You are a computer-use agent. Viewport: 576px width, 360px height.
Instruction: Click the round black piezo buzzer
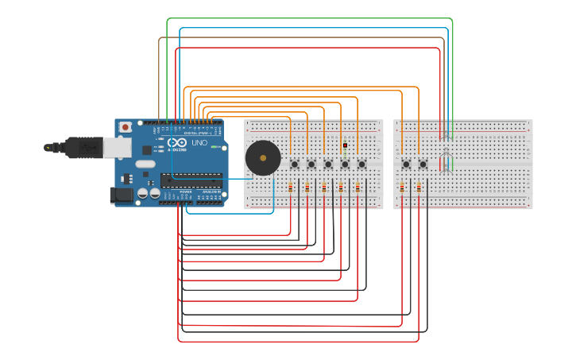coord(263,158)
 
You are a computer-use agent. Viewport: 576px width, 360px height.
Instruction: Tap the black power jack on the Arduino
coord(121,195)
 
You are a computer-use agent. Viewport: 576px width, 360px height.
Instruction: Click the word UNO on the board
coord(199,143)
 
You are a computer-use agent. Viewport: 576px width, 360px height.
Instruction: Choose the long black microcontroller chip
coord(191,180)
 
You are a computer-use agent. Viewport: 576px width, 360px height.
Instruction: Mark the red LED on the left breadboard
coord(345,145)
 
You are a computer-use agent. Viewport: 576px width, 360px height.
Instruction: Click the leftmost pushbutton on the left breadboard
coord(295,165)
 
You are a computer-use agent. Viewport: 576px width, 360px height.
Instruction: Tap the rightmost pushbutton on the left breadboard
coord(361,165)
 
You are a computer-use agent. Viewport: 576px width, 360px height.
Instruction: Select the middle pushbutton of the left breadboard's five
coord(328,165)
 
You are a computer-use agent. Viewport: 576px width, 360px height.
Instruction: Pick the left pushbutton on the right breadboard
coord(406,165)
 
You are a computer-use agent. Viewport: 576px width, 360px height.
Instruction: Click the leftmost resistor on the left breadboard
coord(290,188)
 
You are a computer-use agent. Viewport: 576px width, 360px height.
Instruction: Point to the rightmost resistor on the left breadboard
coord(358,188)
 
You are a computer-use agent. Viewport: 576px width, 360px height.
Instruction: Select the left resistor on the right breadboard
coord(401,188)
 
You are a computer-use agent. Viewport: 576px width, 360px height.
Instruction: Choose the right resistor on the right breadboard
coord(419,188)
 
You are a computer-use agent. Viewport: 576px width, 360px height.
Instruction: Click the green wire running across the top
coord(310,18)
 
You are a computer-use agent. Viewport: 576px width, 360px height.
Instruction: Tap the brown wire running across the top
coord(302,37)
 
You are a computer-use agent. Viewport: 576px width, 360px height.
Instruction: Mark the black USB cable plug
coord(79,148)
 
